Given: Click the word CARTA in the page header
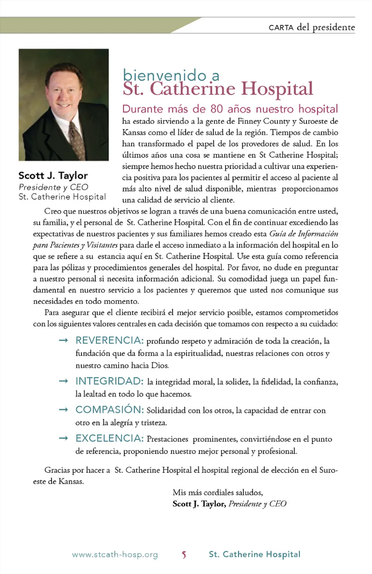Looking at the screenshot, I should coord(281,27).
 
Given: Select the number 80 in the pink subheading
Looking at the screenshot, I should coord(217,109).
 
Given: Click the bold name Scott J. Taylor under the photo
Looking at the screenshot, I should coord(53,176).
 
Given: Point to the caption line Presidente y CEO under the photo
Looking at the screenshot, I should coord(53,187).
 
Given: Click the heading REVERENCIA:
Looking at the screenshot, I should coord(109,340).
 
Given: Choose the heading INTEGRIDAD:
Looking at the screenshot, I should coord(109,381).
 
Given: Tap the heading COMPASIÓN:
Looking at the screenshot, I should coord(109,410).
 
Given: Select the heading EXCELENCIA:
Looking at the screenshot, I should coord(109,438).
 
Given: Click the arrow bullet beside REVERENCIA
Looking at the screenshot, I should coord(63,341).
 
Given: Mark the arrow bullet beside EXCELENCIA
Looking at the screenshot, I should coord(63,438).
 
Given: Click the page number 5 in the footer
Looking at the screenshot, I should coord(184,555).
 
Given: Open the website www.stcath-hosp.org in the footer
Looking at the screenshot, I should coord(115,555).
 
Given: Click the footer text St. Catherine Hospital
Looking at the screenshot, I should coord(255,554).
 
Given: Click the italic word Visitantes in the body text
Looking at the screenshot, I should coord(102,245).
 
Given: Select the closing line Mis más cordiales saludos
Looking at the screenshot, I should coord(218,492).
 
